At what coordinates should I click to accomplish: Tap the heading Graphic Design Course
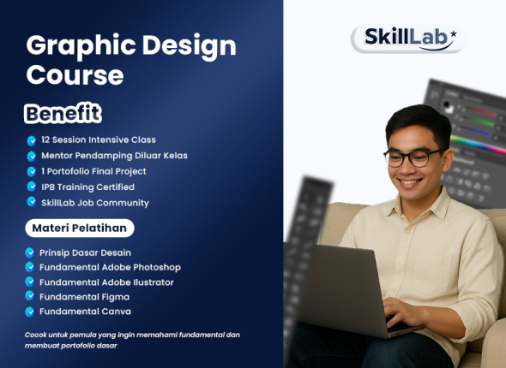(x=131, y=60)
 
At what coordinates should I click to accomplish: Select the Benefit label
(x=63, y=113)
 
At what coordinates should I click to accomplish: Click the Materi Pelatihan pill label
(x=79, y=229)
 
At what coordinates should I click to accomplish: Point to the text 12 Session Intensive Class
(x=98, y=139)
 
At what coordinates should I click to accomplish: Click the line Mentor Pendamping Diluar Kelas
(x=114, y=156)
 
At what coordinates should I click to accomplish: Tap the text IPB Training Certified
(x=87, y=187)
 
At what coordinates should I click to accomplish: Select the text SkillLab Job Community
(x=94, y=203)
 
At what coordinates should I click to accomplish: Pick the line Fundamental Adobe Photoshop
(x=111, y=267)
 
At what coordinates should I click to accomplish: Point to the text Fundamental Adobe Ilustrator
(x=107, y=282)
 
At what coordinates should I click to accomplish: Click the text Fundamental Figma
(x=83, y=296)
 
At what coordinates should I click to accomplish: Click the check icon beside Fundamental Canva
(x=31, y=312)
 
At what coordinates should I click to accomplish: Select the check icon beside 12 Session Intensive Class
(x=31, y=139)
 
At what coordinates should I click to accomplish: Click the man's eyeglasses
(x=413, y=157)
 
